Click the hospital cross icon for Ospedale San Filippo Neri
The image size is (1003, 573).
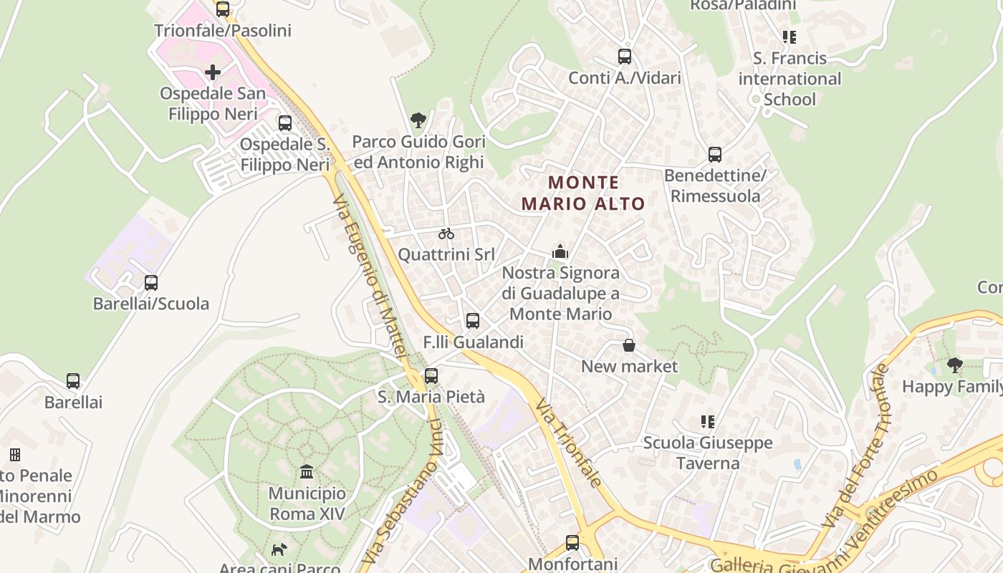213,72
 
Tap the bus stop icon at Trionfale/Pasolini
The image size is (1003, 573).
223,9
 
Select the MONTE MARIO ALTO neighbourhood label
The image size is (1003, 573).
583,193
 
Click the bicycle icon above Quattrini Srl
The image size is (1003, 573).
446,233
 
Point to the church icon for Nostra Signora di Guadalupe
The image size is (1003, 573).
560,251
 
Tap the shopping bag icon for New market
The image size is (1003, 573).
629,346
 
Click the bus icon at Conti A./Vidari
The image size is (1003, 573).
625,57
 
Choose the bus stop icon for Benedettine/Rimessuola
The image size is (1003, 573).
715,155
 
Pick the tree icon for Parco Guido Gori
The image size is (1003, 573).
418,120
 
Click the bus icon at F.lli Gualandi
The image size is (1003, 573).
473,321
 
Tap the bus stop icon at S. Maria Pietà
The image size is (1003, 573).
431,376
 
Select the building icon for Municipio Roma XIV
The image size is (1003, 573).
307,472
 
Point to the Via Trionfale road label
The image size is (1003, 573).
569,444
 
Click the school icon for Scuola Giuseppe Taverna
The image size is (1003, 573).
708,422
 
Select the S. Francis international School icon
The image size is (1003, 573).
790,37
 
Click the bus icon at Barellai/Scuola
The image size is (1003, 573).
151,283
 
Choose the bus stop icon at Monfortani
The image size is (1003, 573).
572,543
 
